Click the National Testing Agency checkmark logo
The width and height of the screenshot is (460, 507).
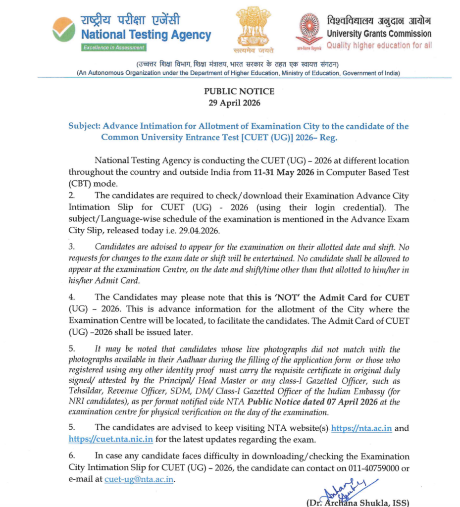[x=64, y=29]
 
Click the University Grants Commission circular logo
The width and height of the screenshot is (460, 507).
[x=309, y=27]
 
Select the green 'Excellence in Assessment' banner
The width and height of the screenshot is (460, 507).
[x=114, y=48]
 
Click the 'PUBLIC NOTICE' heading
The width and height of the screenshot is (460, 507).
[x=239, y=92]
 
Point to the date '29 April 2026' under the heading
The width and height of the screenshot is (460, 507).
[x=239, y=103]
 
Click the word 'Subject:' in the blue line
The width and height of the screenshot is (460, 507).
[x=84, y=126]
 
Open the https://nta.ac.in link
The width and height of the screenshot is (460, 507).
[x=361, y=428]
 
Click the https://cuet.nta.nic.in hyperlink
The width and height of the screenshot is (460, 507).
[x=110, y=439]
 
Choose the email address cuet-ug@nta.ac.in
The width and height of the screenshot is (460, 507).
[x=140, y=479]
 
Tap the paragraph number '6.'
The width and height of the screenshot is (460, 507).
[x=72, y=456]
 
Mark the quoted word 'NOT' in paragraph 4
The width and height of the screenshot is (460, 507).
[x=286, y=298]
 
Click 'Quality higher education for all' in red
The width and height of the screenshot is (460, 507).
[x=379, y=46]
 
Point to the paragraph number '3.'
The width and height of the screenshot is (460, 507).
[x=72, y=247]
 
